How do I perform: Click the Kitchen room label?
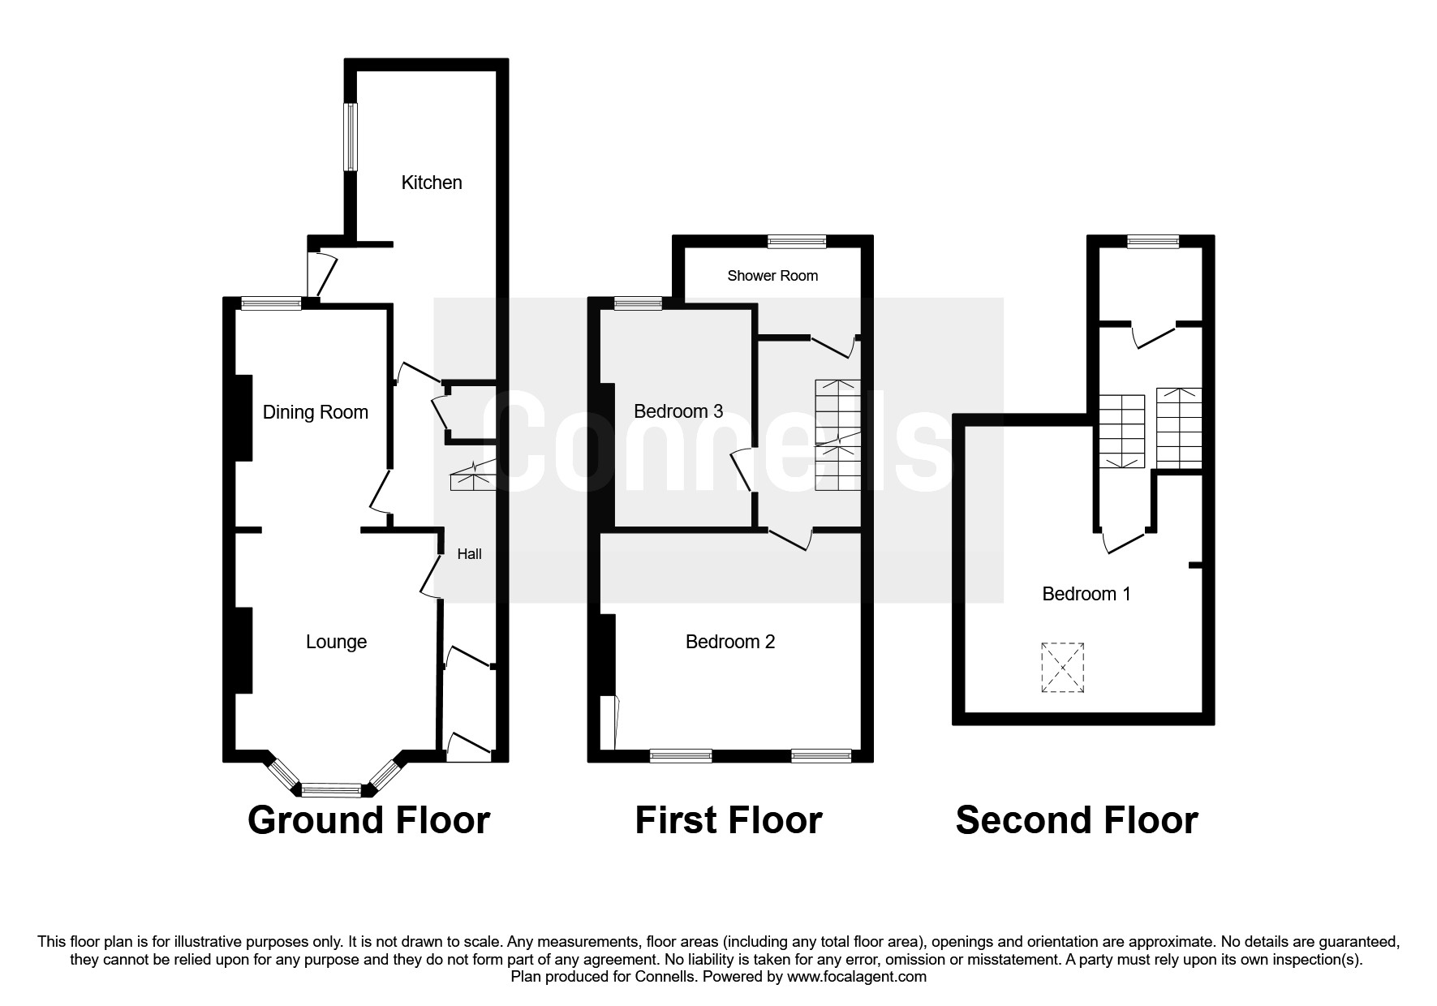point(432,183)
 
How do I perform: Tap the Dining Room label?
point(315,412)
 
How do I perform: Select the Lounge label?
point(336,642)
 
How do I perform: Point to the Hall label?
point(469,554)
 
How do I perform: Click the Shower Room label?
point(772,276)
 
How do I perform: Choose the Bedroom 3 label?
point(678,411)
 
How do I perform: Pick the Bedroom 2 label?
point(730,642)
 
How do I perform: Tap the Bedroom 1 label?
point(1086,594)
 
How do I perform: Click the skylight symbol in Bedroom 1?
point(1063,668)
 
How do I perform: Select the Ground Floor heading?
point(368,820)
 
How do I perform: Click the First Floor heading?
point(728,820)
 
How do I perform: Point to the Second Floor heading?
point(1076,820)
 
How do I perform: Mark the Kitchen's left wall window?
point(351,137)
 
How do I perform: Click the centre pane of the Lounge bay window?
point(331,789)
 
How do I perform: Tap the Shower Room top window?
point(797,241)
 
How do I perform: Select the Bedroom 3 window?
point(638,304)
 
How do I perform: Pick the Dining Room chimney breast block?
point(243,418)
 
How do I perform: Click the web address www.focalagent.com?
point(857,977)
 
